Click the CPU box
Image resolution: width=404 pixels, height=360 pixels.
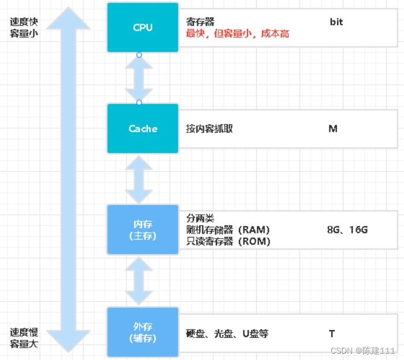[x=143, y=27]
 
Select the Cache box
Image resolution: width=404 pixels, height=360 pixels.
[x=143, y=128]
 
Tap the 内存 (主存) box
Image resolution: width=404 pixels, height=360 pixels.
[x=143, y=229]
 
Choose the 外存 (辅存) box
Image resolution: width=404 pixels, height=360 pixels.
[x=143, y=332]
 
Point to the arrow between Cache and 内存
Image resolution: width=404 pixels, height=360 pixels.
[x=139, y=179]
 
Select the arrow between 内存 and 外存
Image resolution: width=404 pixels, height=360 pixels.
[x=139, y=281]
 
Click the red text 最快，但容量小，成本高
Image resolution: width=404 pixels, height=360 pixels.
[x=237, y=34]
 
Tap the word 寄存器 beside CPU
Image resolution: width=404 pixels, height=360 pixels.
[x=200, y=22]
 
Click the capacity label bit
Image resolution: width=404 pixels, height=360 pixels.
[x=336, y=22]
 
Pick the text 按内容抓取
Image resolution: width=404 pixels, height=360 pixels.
[x=209, y=128]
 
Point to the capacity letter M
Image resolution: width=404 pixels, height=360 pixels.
[x=333, y=128]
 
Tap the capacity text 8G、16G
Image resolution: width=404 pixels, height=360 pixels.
[x=347, y=230]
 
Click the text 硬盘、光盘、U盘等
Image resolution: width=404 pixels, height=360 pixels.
[x=227, y=333]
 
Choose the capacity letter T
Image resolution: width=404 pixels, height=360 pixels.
[x=332, y=333]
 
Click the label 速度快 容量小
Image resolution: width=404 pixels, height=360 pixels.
[x=24, y=27]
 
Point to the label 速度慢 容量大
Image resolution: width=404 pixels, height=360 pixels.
[x=24, y=338]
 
